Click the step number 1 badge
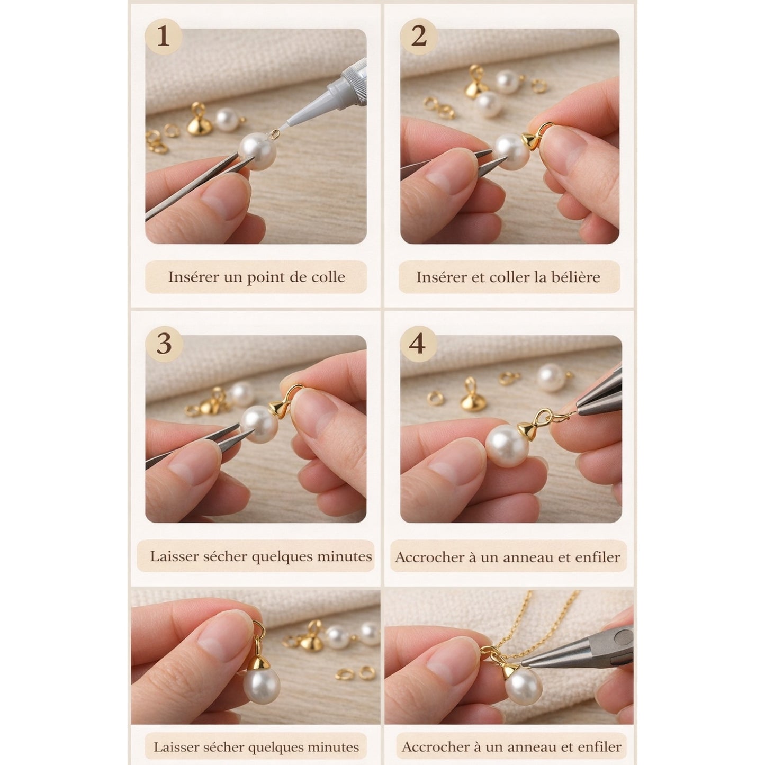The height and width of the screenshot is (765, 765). pos(163,37)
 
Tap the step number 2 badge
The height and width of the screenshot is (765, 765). pos(418,37)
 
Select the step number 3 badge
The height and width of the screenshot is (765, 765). pos(164,344)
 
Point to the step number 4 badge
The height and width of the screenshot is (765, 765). pos(418,344)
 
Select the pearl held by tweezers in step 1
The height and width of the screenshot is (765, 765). pos(258,151)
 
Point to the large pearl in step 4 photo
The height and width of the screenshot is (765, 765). pos(507,446)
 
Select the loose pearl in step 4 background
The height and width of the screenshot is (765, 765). pos(552,377)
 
